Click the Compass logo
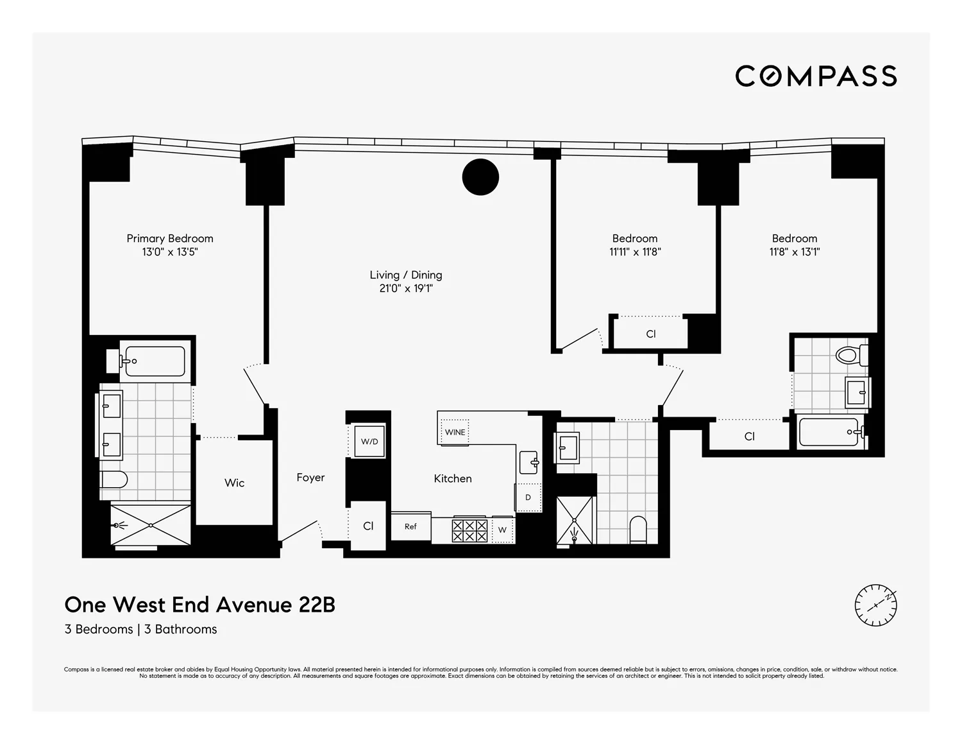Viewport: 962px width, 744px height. (816, 76)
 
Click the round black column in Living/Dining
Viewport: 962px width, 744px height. (480, 177)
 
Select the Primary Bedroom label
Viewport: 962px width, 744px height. (170, 238)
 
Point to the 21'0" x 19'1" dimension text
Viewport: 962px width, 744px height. (406, 289)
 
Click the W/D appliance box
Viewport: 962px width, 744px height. (369, 442)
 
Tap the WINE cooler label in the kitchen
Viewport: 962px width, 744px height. (455, 432)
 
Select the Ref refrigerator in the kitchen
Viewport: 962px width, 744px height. (410, 526)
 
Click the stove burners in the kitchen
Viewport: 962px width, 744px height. (469, 530)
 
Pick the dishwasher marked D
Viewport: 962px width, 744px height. (528, 497)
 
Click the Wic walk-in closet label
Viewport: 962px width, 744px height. (234, 483)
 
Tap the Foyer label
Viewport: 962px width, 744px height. (310, 478)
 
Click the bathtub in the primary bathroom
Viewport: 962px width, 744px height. (155, 361)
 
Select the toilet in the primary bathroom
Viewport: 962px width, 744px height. (115, 480)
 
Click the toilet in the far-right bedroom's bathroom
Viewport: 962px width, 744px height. (851, 355)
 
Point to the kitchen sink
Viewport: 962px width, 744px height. (528, 462)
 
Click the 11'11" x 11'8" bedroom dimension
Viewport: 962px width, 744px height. (635, 252)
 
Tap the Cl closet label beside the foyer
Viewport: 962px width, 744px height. (368, 526)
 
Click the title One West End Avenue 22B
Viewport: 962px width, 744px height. (199, 605)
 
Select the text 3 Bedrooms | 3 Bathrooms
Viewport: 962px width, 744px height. (140, 629)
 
